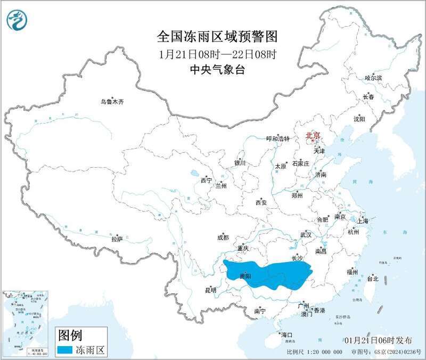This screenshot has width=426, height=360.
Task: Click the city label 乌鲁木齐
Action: click(112, 102)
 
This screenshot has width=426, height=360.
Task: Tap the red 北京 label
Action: click(313, 136)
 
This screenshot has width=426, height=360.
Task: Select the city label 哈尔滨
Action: click(373, 78)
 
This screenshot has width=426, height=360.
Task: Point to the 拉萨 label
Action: click(117, 239)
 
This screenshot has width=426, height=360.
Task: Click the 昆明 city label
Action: click(211, 290)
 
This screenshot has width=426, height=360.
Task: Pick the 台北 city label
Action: click(372, 278)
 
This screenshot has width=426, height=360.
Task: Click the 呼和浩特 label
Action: click(277, 138)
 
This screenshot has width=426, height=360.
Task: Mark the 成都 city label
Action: click(223, 238)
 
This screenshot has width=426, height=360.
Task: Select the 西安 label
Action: click(260, 202)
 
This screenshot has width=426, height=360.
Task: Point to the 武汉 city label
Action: click(306, 234)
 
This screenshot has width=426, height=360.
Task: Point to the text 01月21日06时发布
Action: click(378, 340)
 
